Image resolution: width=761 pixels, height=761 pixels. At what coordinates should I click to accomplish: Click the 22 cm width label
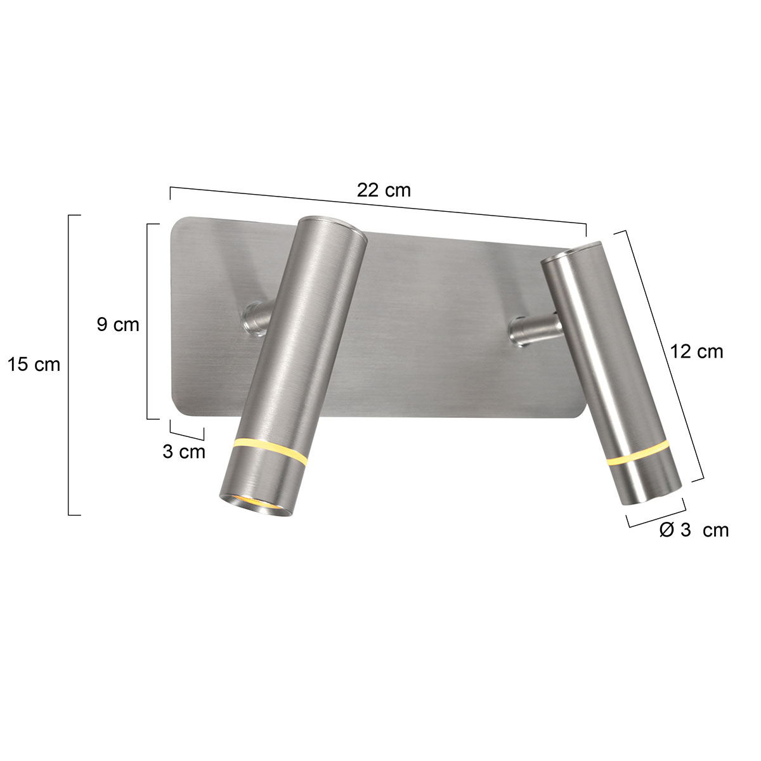pyautogui.click(x=384, y=190)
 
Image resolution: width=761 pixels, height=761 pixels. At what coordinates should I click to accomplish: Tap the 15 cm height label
pyautogui.click(x=34, y=365)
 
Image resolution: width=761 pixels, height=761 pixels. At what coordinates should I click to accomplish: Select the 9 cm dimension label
pyautogui.click(x=118, y=325)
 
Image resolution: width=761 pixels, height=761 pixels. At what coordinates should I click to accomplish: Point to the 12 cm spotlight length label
pyautogui.click(x=696, y=351)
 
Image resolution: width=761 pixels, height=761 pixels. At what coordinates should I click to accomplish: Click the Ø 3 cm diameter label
pyautogui.click(x=694, y=530)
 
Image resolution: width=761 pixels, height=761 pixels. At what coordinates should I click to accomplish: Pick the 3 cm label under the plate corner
pyautogui.click(x=184, y=452)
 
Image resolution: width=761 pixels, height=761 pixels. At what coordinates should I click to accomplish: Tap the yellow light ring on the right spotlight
pyautogui.click(x=638, y=455)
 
